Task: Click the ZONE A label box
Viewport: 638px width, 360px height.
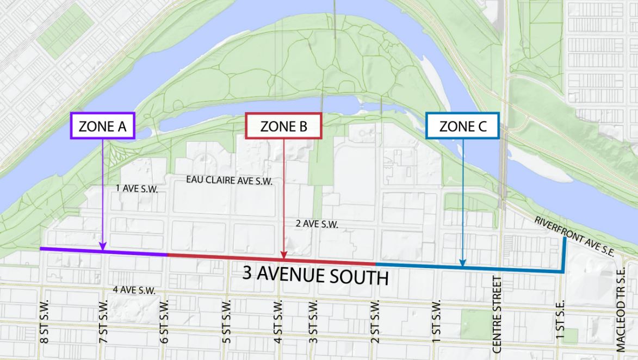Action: pyautogui.click(x=102, y=127)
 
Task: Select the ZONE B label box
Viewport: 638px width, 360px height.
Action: pyautogui.click(x=284, y=127)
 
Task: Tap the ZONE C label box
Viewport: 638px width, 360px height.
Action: pyautogui.click(x=462, y=127)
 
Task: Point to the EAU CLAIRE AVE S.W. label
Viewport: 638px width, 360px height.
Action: pyautogui.click(x=228, y=180)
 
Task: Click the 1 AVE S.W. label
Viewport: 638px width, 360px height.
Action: pyautogui.click(x=136, y=189)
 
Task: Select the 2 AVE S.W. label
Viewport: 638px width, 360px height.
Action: pyautogui.click(x=317, y=224)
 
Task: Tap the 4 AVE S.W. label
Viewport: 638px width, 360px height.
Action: pyautogui.click(x=134, y=290)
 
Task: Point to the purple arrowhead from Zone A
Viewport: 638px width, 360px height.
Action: pyautogui.click(x=102, y=248)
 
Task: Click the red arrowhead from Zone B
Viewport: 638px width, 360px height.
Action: pyautogui.click(x=283, y=255)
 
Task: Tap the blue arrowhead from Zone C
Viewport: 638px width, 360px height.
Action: pyautogui.click(x=462, y=264)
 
